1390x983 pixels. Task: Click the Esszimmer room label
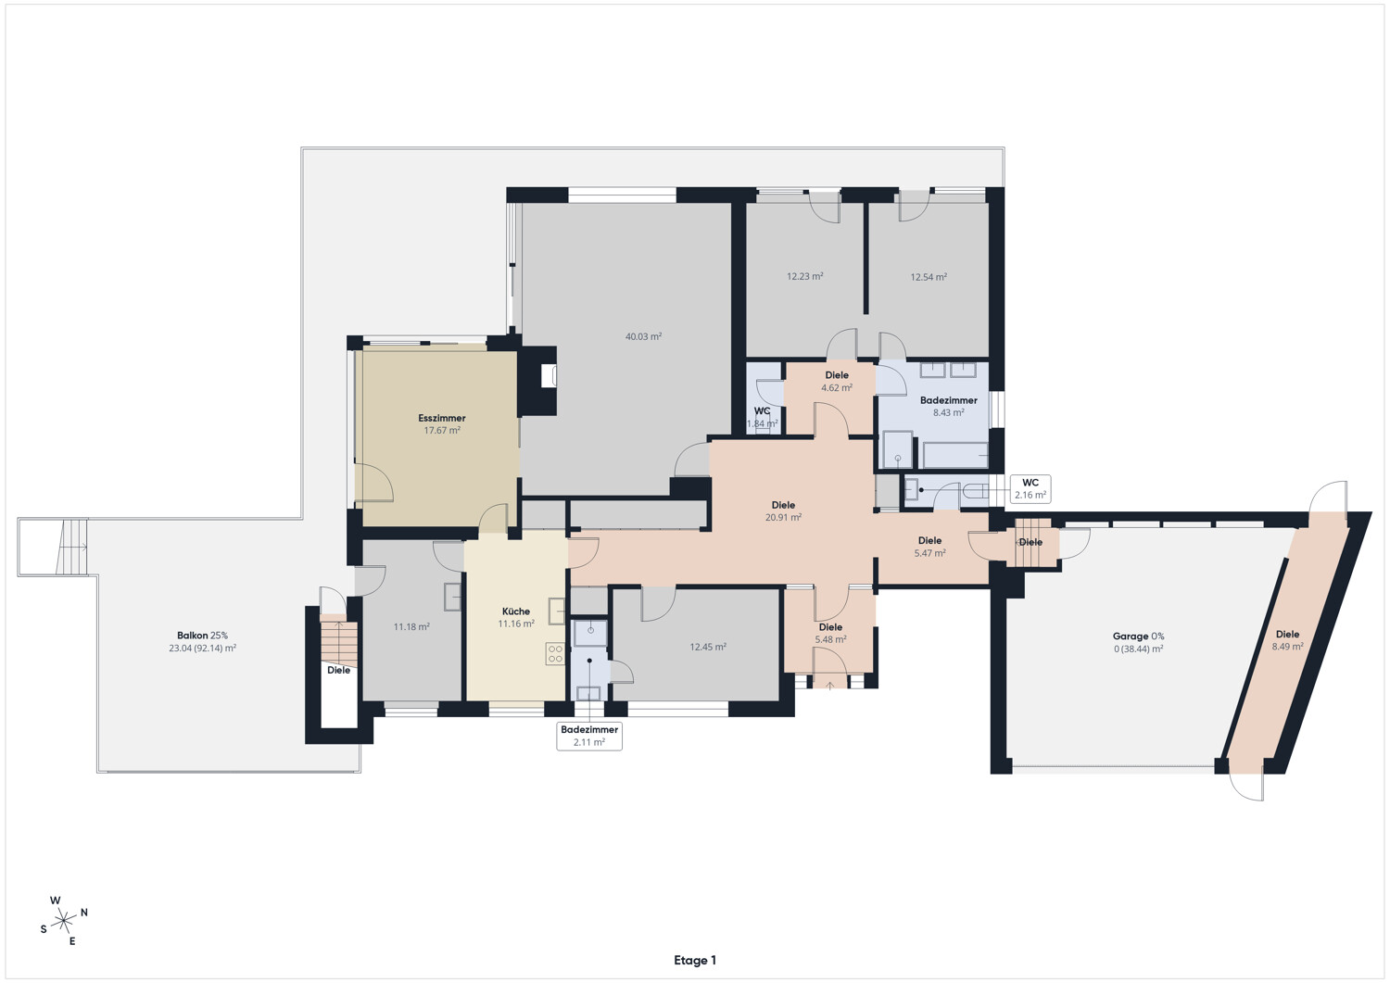[441, 418]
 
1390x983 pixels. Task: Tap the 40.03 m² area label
[643, 337]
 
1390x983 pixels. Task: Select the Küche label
[515, 611]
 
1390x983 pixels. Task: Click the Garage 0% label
[1138, 636]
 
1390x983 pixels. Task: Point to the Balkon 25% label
[202, 636]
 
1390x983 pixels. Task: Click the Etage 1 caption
[695, 960]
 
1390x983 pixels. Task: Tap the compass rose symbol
[63, 920]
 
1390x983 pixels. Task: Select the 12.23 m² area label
[805, 277]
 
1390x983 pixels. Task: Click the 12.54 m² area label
[929, 277]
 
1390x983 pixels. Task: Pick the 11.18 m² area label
[411, 627]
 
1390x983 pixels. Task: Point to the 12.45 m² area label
[708, 647]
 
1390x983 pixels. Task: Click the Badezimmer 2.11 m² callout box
[588, 736]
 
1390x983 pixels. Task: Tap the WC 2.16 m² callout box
[1030, 489]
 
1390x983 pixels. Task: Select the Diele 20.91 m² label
[783, 510]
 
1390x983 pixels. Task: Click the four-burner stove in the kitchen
[555, 653]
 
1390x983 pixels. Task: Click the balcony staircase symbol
[72, 546]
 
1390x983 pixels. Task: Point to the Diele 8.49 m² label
[1288, 640]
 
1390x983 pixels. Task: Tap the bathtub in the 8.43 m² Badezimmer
[955, 455]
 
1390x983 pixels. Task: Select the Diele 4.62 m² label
[837, 382]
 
